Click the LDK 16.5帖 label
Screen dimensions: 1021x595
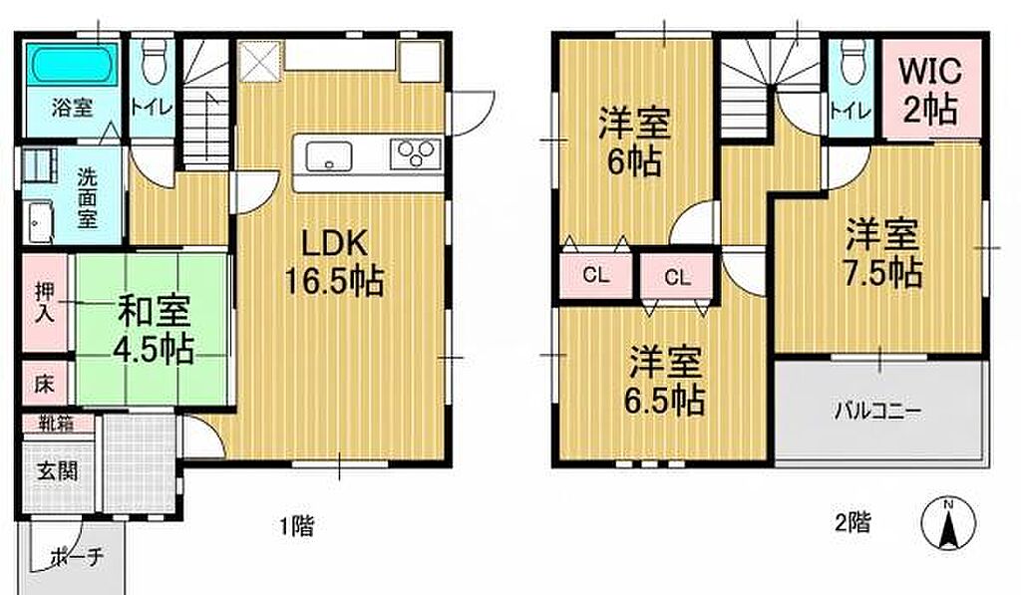[x=334, y=263]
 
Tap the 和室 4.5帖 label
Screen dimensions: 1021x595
[x=154, y=330]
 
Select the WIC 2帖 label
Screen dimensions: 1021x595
[x=930, y=91]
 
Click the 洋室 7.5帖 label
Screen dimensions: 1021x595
[x=883, y=254]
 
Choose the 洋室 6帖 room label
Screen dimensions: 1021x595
[x=634, y=143]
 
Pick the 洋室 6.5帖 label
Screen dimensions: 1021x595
[x=665, y=381]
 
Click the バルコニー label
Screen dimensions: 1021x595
[x=879, y=412]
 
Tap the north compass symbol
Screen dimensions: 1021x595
[x=949, y=522]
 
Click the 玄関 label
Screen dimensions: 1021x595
[x=57, y=470]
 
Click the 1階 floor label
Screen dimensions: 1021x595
[x=297, y=525]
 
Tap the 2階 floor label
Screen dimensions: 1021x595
[x=852, y=522]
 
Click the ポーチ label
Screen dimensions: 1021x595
[x=77, y=558]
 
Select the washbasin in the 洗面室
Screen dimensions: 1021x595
[x=38, y=221]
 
